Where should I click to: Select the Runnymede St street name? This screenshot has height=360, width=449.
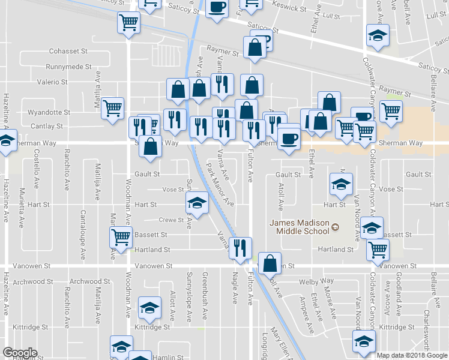pyautogui.click(x=68, y=67)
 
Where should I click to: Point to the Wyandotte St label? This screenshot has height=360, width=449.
pyautogui.click(x=50, y=112)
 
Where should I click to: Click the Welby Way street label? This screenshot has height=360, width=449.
pyautogui.click(x=319, y=281)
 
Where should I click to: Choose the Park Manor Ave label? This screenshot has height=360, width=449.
pyautogui.click(x=220, y=183)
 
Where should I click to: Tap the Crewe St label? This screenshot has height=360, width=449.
pyautogui.click(x=172, y=220)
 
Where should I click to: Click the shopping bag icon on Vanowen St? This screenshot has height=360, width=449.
pyautogui.click(x=270, y=263)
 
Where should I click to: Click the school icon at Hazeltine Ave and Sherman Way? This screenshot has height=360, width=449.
pyautogui.click(x=6, y=143)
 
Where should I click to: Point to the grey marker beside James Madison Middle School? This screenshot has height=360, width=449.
pyautogui.click(x=336, y=227)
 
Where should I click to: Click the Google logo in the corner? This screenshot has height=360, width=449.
pyautogui.click(x=20, y=353)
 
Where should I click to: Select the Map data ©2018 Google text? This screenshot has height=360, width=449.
pyautogui.click(x=411, y=355)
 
